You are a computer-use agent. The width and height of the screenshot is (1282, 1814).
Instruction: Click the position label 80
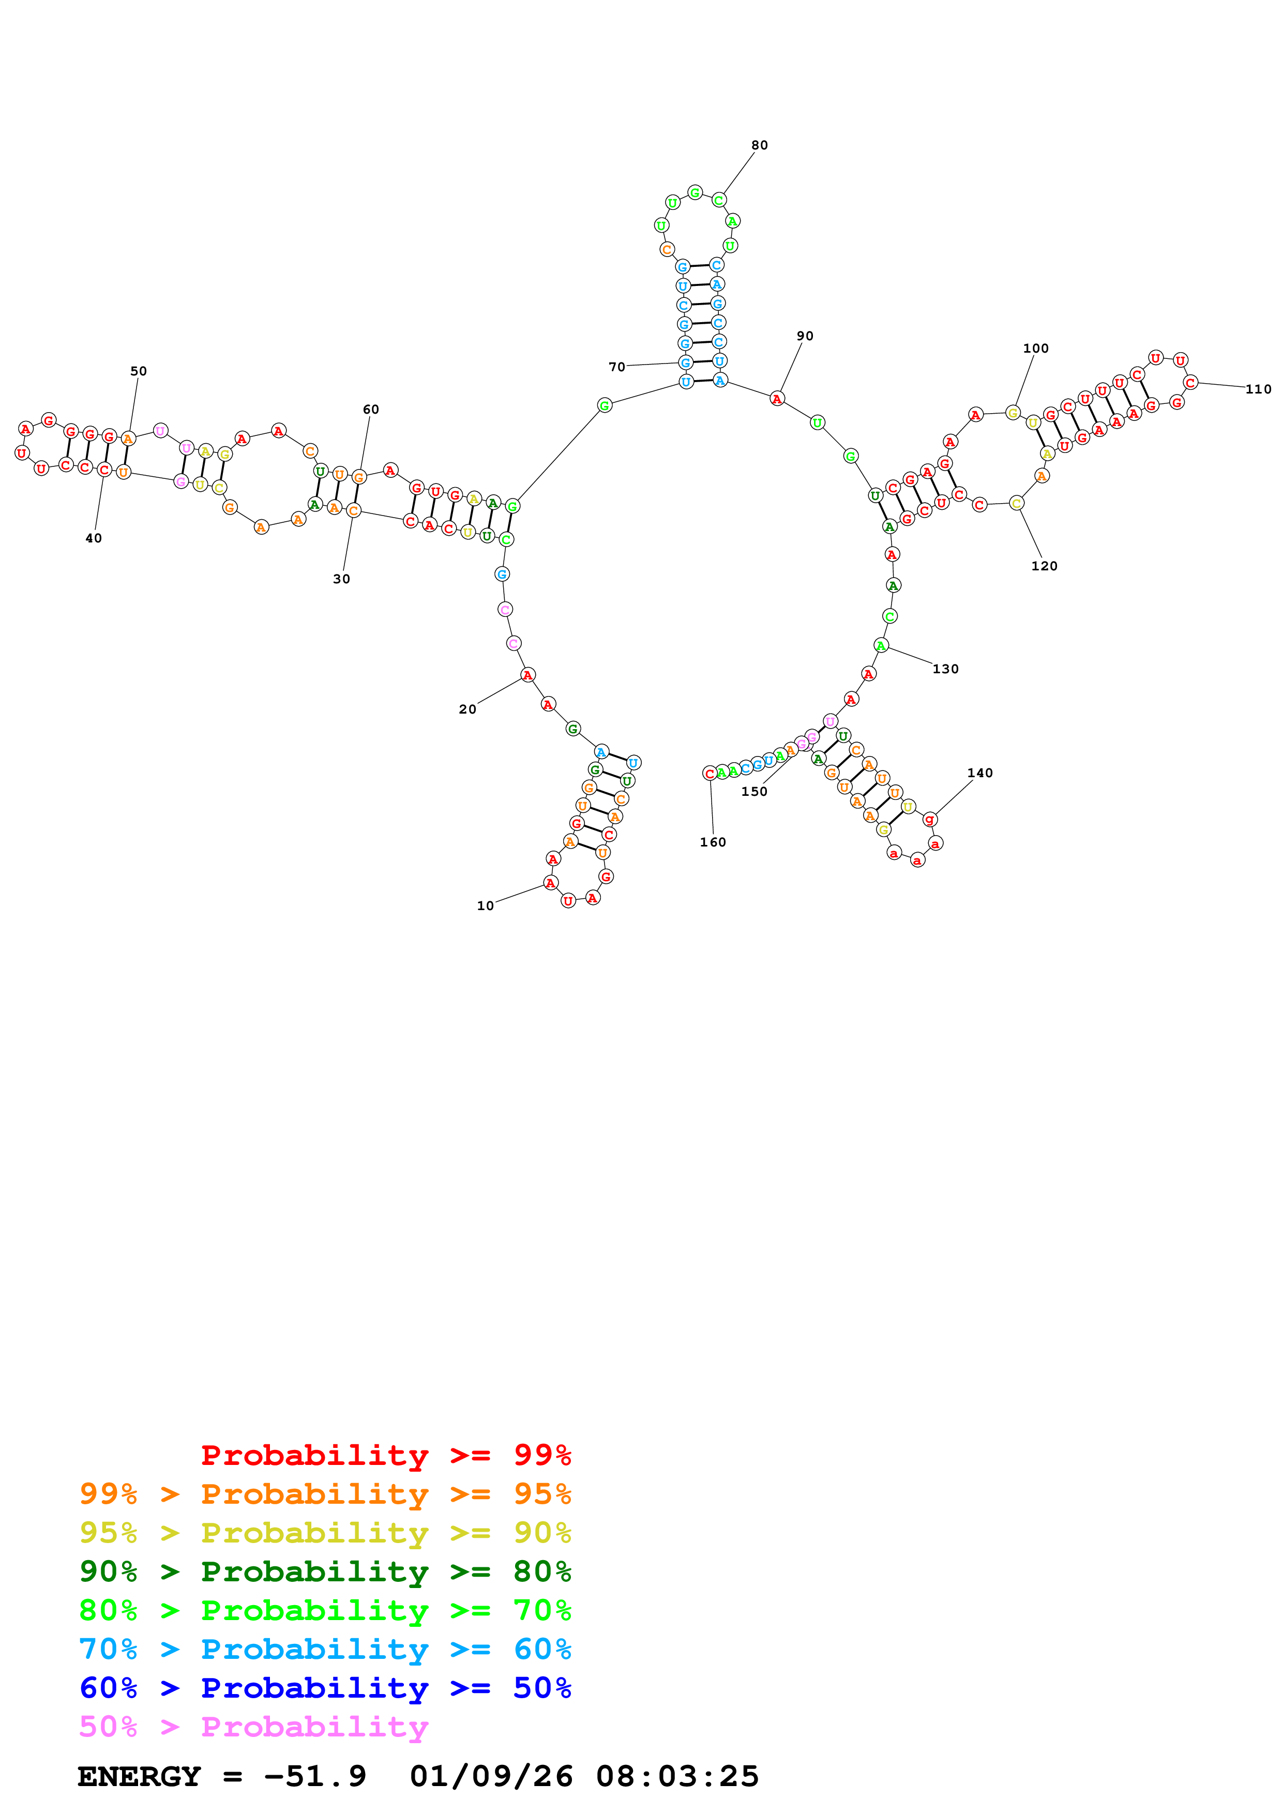[759, 145]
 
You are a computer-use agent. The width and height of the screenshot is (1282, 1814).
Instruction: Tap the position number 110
[1258, 389]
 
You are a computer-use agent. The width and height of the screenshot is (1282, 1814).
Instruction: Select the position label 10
[485, 905]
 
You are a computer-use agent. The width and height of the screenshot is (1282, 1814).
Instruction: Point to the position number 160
[713, 842]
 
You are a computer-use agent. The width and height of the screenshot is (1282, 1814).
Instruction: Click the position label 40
[93, 538]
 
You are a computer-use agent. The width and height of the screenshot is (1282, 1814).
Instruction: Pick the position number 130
[945, 669]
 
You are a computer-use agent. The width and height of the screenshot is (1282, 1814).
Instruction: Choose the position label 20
[467, 709]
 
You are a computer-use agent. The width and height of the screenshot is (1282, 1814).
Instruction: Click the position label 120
[1044, 566]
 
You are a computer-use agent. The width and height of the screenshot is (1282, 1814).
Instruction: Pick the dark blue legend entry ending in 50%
[325, 1688]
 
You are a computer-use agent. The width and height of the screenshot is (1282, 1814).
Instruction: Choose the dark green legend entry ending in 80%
[325, 1571]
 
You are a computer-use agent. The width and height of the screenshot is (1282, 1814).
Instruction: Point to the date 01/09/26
[491, 1776]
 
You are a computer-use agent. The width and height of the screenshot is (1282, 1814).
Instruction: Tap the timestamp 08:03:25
[677, 1776]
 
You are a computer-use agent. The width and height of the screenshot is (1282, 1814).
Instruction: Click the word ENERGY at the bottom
[139, 1776]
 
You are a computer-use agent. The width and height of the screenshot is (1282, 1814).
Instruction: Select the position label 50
[138, 371]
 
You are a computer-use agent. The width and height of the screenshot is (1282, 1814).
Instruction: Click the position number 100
[1035, 349]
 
